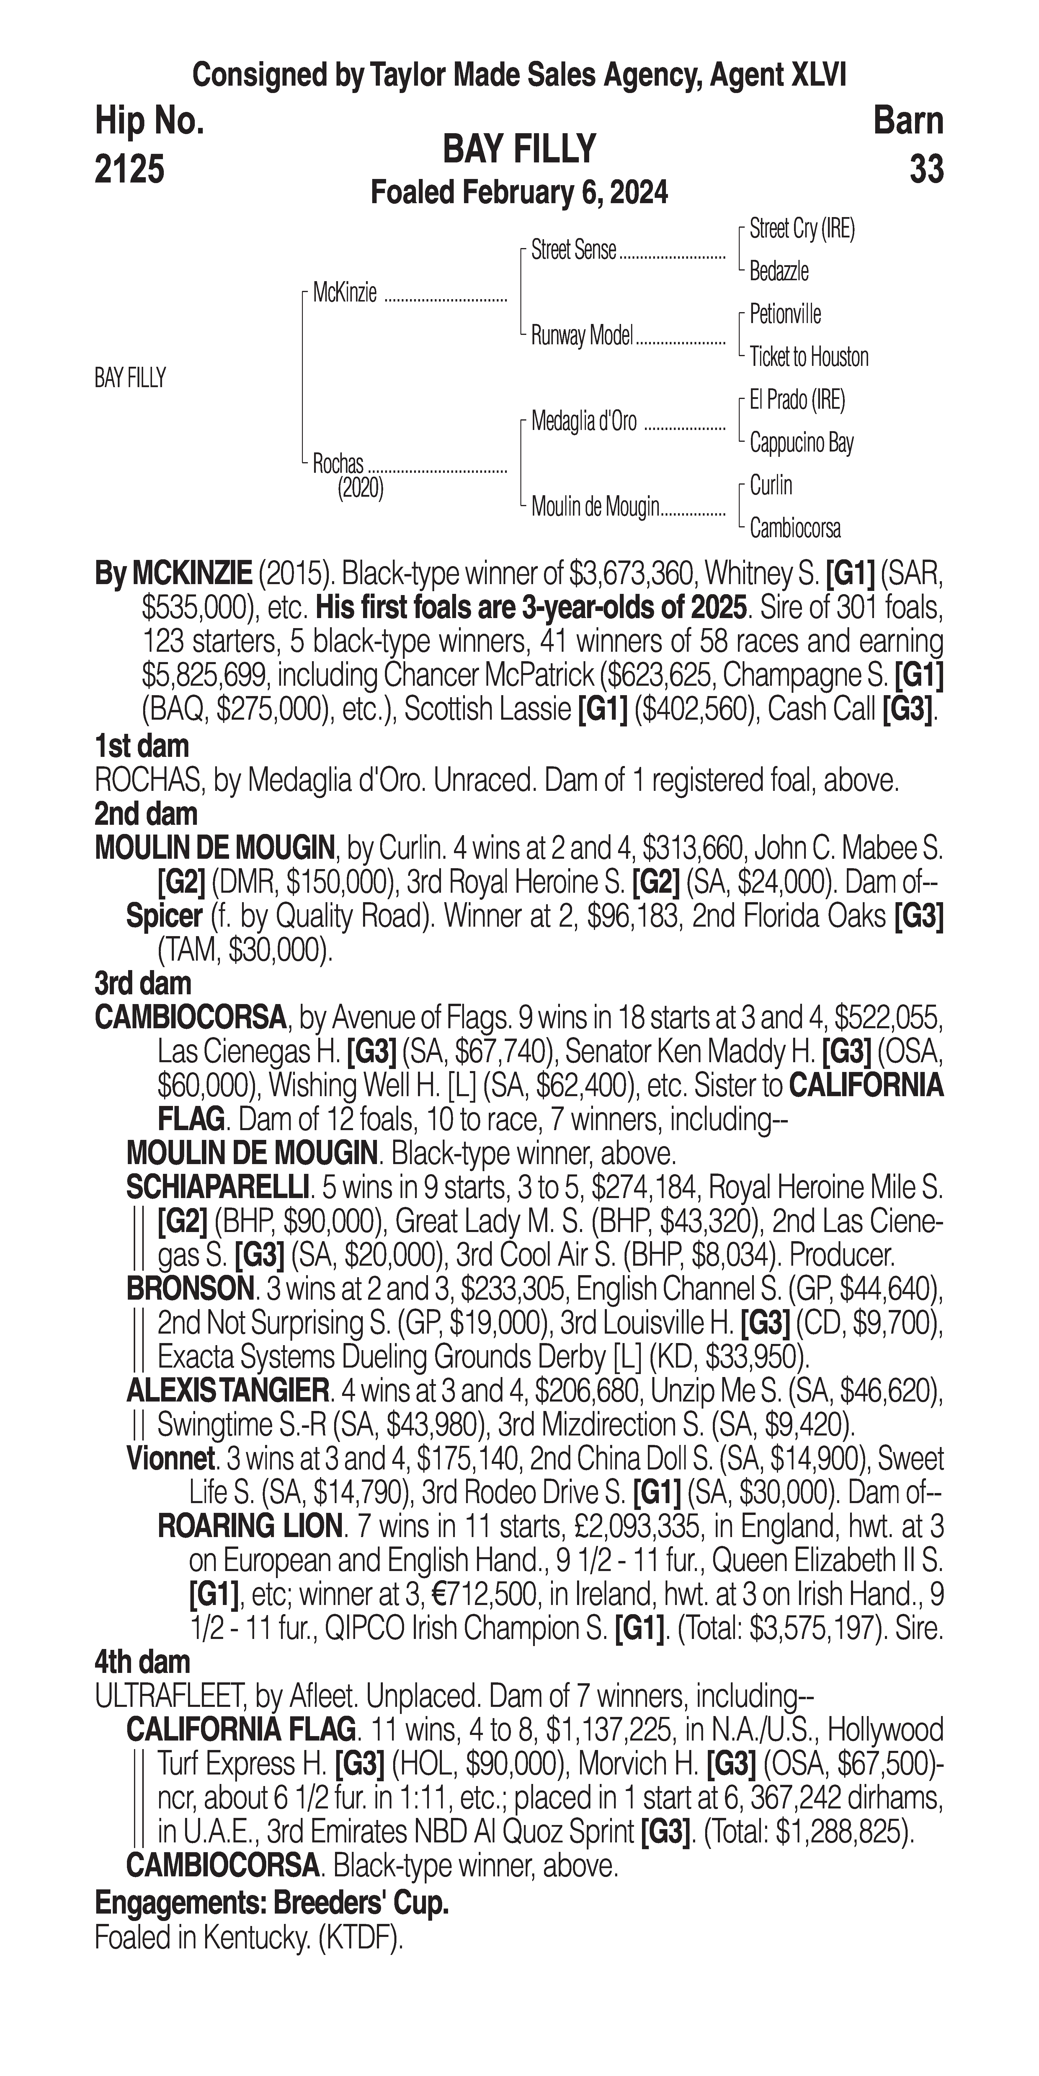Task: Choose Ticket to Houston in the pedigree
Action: point(809,357)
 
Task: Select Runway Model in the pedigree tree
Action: point(581,336)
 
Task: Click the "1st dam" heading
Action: point(142,746)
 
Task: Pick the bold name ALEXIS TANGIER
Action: point(227,1391)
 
